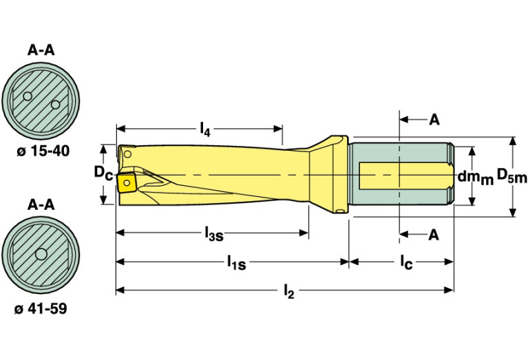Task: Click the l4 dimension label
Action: coord(205,128)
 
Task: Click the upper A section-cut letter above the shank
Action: coord(434,120)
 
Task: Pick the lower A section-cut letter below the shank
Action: coord(434,235)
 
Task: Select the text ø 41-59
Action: coord(41,309)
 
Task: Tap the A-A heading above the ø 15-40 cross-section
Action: coord(41,50)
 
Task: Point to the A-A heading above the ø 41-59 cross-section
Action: coord(41,204)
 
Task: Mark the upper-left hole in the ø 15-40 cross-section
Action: coord(27,96)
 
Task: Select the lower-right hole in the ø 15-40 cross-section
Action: coord(55,105)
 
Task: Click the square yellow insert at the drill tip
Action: coord(127,182)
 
